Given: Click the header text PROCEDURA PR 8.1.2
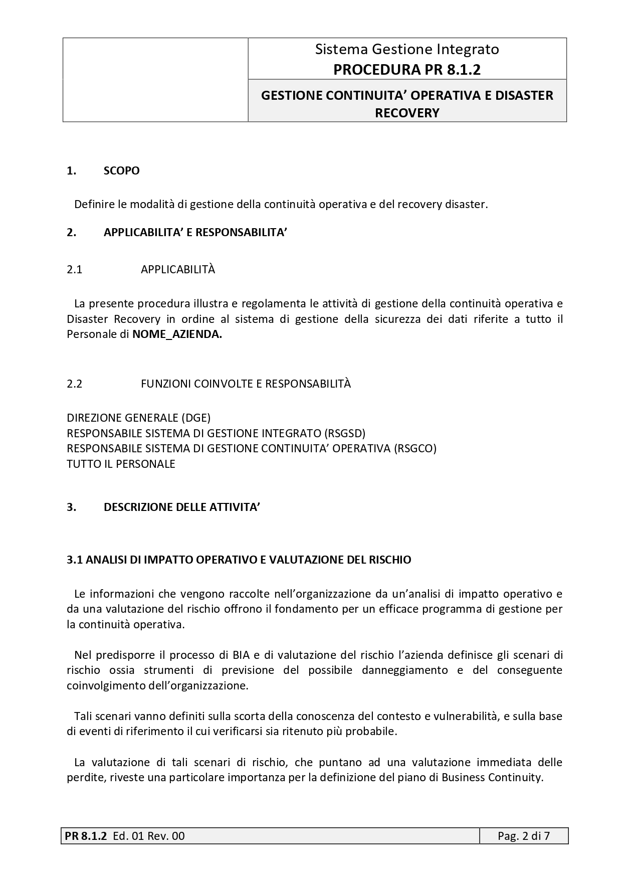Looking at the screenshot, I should pos(406,70).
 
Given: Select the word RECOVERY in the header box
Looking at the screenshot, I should pos(407,113).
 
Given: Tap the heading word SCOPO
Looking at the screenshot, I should pos(121,170).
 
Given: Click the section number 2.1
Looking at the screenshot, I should pos(74,269).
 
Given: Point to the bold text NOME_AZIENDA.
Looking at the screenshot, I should pos(177,334).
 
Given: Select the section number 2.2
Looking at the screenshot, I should pos(74,384).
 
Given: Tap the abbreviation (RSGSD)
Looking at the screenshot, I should pos(345,433).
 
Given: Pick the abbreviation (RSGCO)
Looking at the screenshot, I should pos(415,448).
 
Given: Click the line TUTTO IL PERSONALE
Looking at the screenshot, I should pos(121,464).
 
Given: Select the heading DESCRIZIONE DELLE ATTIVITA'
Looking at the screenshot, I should pos(181,507).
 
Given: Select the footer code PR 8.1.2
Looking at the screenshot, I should pos(86,836).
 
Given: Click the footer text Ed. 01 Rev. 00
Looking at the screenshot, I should pos(149,836).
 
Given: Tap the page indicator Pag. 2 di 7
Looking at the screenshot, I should pos(523,836).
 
